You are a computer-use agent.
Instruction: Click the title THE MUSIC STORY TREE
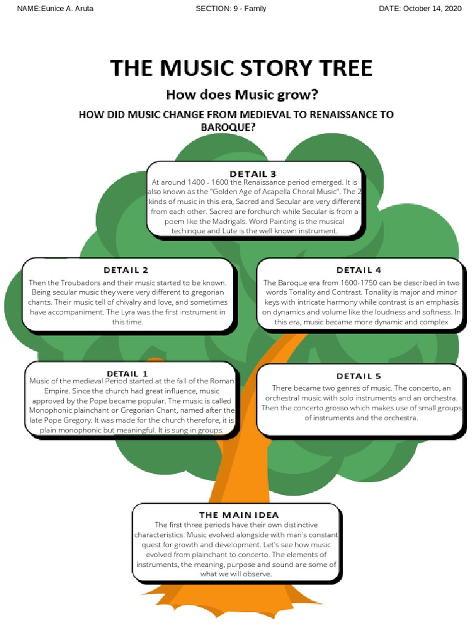point(241,68)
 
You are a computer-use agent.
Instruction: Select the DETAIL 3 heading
point(253,173)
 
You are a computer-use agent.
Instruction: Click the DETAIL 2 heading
point(126,270)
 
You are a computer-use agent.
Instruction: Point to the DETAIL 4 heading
point(359,270)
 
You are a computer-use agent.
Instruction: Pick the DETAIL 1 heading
point(127,373)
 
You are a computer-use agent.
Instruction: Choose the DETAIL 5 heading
point(359,376)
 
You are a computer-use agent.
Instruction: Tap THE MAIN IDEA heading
point(238,514)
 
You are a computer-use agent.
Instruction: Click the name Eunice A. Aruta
point(66,9)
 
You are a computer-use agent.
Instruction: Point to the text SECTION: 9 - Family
point(230,9)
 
